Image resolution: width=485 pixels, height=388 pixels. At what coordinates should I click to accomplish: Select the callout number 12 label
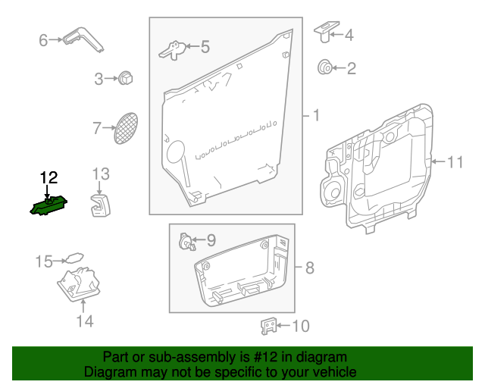[x=49, y=178]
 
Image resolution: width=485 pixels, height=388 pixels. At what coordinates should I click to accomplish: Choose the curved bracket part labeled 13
[x=100, y=205]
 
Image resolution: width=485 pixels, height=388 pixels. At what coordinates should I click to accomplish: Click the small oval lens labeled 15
[x=74, y=259]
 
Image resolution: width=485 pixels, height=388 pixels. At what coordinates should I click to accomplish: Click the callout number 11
[x=454, y=161]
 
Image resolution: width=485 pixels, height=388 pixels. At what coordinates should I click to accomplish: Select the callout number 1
[x=315, y=116]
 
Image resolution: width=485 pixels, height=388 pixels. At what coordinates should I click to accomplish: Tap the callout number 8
[x=308, y=268]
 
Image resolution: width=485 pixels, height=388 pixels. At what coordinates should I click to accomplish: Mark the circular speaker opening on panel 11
[x=333, y=190]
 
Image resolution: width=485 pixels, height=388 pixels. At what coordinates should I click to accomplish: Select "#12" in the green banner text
[x=252, y=357]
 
